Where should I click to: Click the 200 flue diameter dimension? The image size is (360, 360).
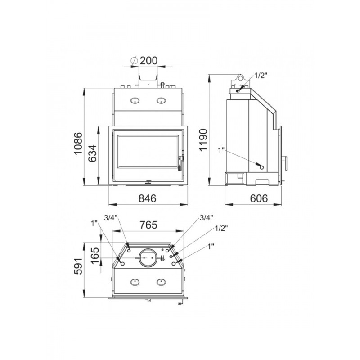tap(149, 61)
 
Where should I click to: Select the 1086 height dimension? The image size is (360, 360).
tap(78, 144)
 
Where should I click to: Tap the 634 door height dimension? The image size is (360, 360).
tap(93, 153)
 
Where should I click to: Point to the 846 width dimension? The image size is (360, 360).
tap(148, 198)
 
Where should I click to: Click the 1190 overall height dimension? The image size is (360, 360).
tap(203, 140)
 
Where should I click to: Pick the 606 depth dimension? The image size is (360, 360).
tap(259, 198)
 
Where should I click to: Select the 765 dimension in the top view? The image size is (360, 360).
tap(148, 225)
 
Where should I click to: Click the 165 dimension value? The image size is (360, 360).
tap(94, 256)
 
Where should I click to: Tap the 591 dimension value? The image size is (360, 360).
tap(78, 266)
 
